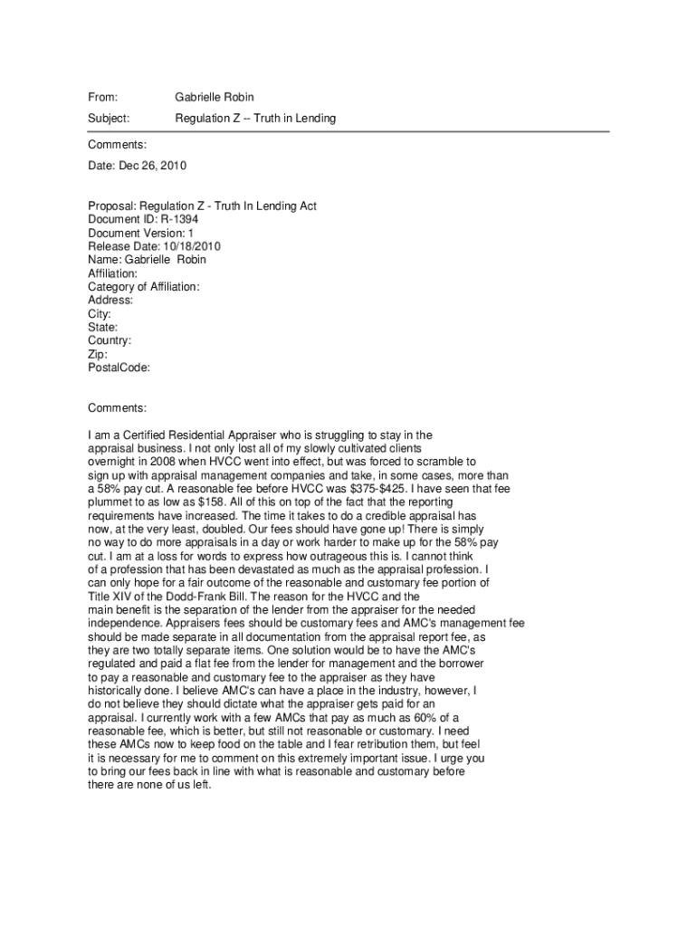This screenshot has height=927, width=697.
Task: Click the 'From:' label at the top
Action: pyautogui.click(x=103, y=97)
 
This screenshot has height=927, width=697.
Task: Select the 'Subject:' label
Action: pyautogui.click(x=109, y=119)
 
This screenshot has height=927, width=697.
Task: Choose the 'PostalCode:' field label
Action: pyautogui.click(x=119, y=368)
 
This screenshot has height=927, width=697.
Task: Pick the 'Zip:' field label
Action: pyautogui.click(x=98, y=355)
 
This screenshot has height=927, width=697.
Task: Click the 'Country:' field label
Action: pyautogui.click(x=110, y=341)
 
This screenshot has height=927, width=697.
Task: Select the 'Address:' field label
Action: pyautogui.click(x=110, y=301)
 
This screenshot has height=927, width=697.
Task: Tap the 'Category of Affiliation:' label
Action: pyautogui.click(x=144, y=287)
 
